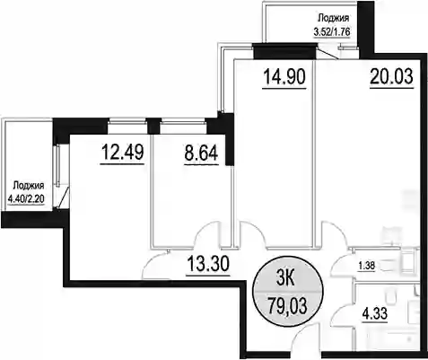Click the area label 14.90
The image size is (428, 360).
(x=284, y=76)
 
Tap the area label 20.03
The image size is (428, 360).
(x=391, y=76)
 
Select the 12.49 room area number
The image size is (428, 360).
(x=123, y=152)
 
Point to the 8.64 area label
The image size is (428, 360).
(x=201, y=153)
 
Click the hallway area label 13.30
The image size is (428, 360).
(x=208, y=264)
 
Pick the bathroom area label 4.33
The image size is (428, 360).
(x=375, y=314)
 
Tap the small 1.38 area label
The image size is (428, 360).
(x=367, y=266)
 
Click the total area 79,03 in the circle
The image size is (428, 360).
(x=287, y=306)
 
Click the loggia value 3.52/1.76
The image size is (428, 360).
(x=332, y=31)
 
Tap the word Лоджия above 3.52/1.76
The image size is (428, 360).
(x=333, y=19)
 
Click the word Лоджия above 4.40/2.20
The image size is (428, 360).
(x=29, y=186)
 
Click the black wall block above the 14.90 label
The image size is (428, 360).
(x=284, y=51)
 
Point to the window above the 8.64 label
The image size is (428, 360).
(x=183, y=121)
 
